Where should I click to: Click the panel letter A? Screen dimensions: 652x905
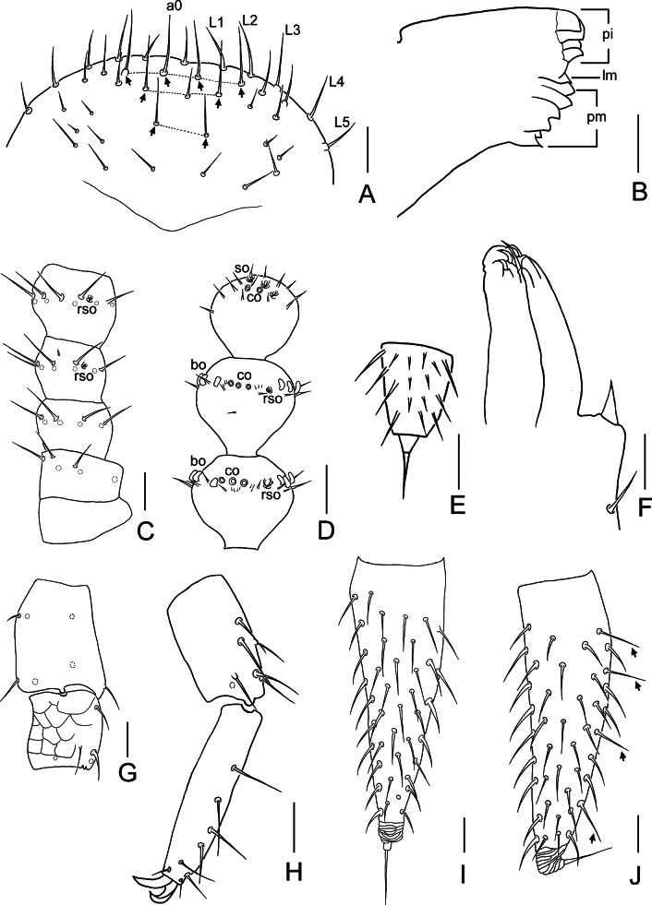point(367,195)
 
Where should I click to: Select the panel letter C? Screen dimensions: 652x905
point(145,530)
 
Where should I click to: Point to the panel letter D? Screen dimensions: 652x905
point(326,530)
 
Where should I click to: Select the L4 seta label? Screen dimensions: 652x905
point(336,82)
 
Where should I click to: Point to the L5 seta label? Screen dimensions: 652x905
point(343,122)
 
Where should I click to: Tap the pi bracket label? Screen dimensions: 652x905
point(607,35)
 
